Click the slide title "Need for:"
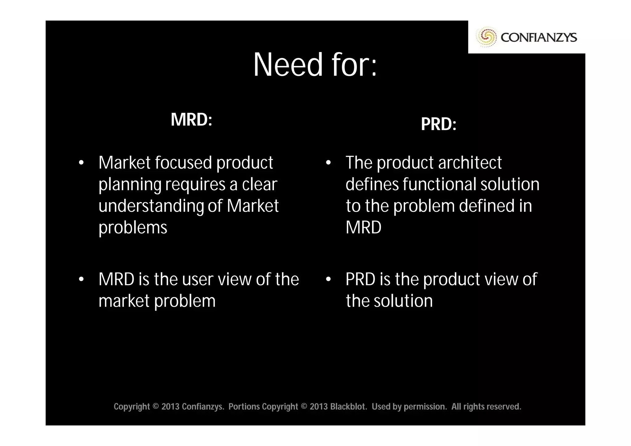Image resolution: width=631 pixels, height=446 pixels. point(315,65)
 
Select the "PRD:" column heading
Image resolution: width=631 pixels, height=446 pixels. point(438,124)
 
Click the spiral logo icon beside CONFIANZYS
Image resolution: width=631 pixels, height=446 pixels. point(486,37)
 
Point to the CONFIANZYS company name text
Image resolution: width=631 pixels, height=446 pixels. point(539,38)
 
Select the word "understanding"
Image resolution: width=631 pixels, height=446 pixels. point(151,207)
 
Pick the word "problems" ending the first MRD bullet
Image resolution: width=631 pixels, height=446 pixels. point(133,228)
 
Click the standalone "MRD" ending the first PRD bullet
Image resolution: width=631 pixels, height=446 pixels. point(363,227)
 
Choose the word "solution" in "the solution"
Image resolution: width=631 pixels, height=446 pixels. point(403,301)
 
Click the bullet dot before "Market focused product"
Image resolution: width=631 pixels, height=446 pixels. point(81,163)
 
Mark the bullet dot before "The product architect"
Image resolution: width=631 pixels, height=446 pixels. point(328,163)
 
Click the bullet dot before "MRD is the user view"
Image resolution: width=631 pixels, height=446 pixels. point(81,279)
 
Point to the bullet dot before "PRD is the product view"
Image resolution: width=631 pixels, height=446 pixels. point(328,279)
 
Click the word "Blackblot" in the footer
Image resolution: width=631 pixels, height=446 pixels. point(348,407)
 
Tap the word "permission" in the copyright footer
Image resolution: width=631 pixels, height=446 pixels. point(425,407)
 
